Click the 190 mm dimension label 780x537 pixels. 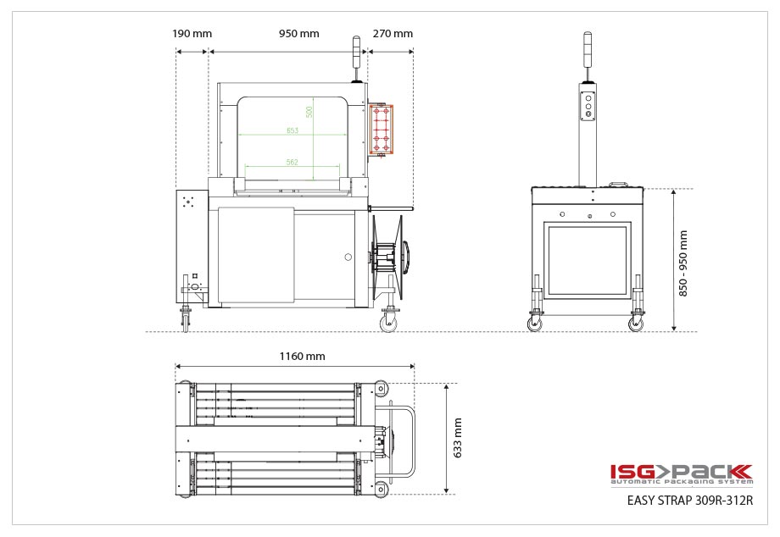[192, 34]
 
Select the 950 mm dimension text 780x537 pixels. [298, 34]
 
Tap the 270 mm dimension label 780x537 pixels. [393, 34]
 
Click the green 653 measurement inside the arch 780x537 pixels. [292, 130]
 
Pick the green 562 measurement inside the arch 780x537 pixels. [292, 162]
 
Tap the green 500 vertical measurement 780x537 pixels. [310, 111]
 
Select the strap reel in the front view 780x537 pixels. [392, 253]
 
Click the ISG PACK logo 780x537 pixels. [681, 474]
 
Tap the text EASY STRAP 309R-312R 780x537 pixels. [689, 501]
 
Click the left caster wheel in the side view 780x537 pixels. [535, 323]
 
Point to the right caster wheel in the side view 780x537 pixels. [636, 323]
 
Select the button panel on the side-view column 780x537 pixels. [586, 105]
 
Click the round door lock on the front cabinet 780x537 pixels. [347, 257]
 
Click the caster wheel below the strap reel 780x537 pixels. [388, 323]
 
